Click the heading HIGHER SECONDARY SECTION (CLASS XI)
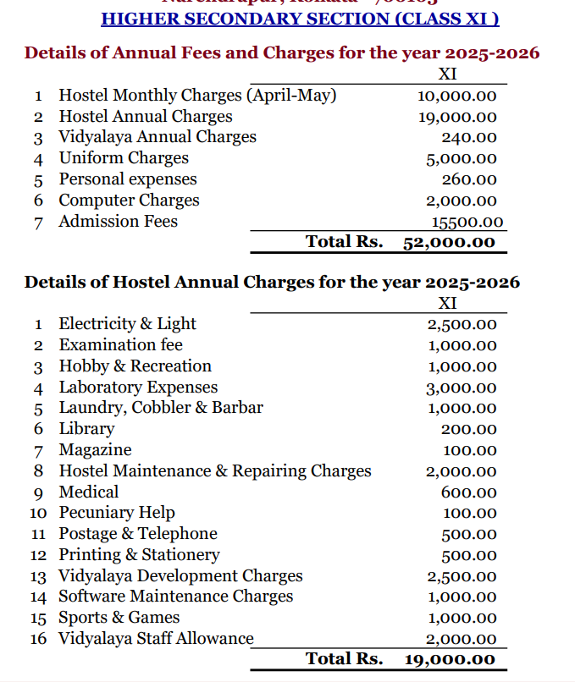300,18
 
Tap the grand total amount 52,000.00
449,243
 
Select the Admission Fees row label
118,222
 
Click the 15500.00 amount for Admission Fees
467,223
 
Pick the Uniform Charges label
124,158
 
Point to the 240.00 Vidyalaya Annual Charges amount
469,138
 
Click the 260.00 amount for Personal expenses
469,180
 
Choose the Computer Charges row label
129,201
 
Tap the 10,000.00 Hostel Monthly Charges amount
457,96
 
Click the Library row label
86,429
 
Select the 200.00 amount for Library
469,430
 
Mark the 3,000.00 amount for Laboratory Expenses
462,388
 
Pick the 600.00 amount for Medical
469,492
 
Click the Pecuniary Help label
117,513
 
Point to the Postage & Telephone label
137,534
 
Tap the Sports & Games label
119,618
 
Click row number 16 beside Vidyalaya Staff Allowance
38,639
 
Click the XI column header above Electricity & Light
448,303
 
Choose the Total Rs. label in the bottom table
344,658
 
